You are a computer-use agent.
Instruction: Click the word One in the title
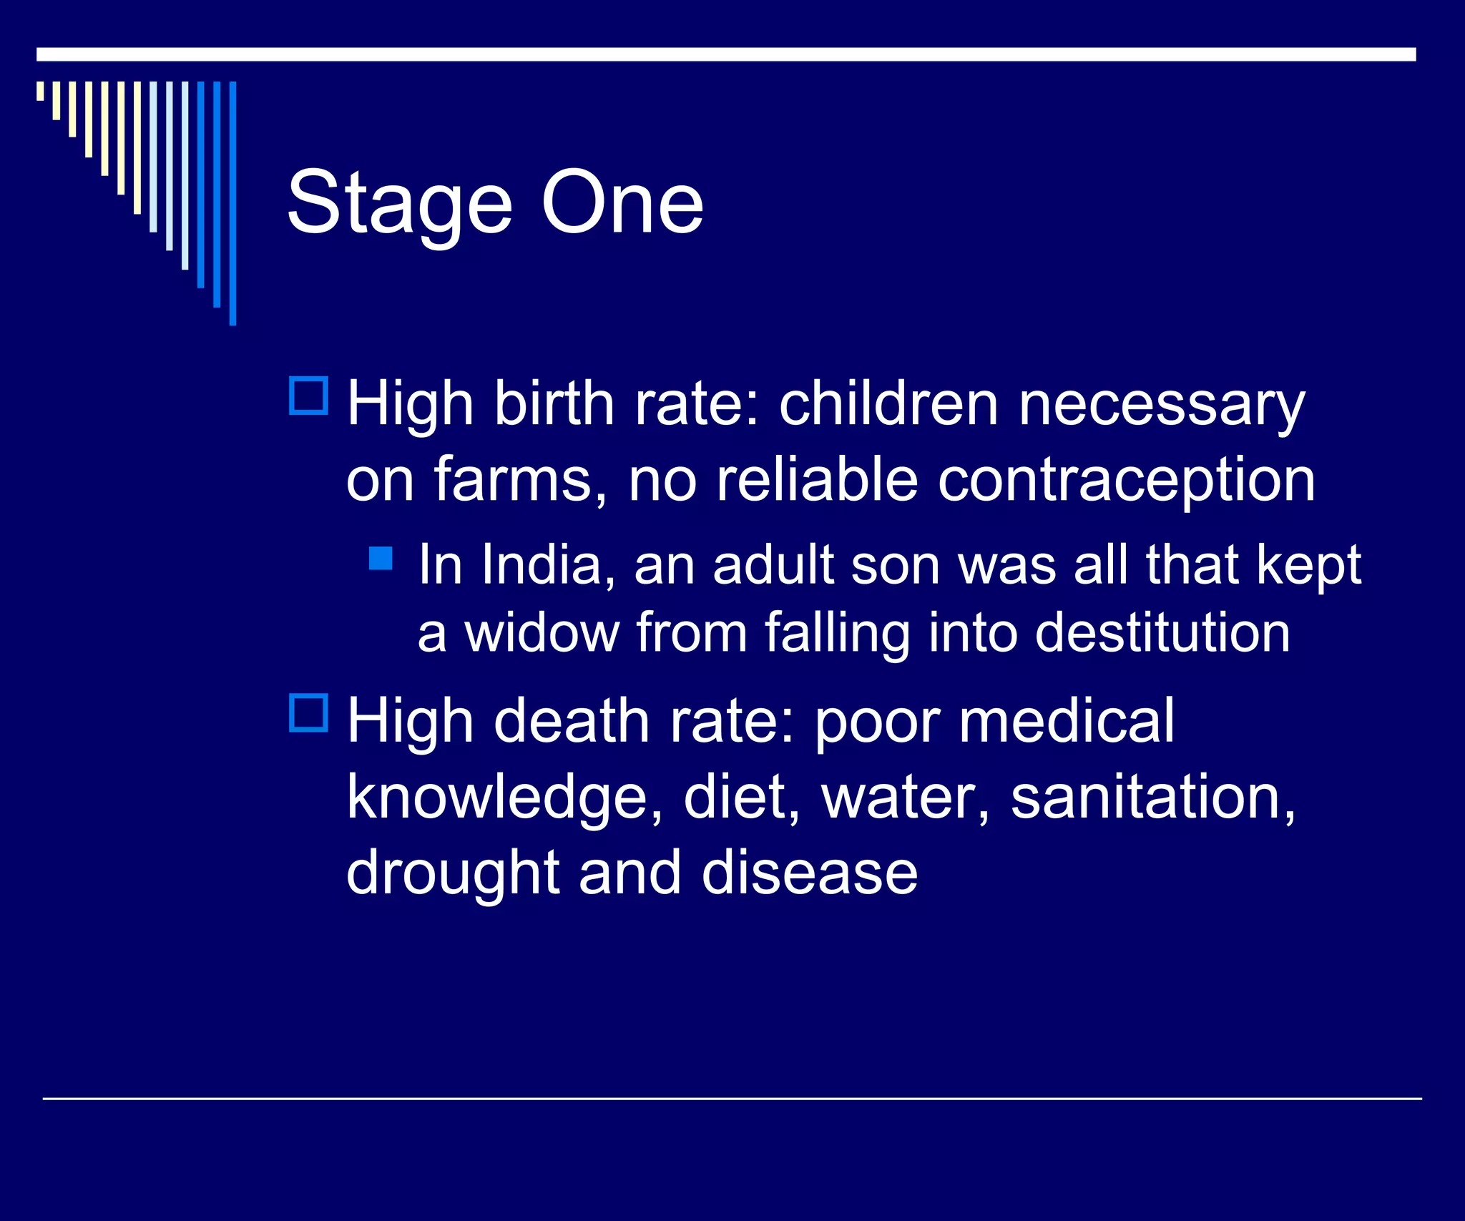tap(622, 204)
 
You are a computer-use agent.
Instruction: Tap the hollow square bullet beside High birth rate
tap(308, 396)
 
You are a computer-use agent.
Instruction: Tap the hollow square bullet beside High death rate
tap(308, 712)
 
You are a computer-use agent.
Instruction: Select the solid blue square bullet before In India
tap(381, 558)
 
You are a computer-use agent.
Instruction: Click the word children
tap(888, 404)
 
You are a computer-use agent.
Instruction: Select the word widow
tap(542, 633)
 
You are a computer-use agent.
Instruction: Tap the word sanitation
tap(1152, 798)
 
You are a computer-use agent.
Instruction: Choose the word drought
tap(452, 874)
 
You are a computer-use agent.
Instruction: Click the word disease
tap(809, 874)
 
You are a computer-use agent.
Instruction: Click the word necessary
tap(1161, 406)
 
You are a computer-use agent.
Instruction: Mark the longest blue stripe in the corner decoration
tap(232, 203)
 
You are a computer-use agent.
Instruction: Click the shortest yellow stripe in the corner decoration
tap(40, 91)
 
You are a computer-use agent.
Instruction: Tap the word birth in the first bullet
tap(554, 404)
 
